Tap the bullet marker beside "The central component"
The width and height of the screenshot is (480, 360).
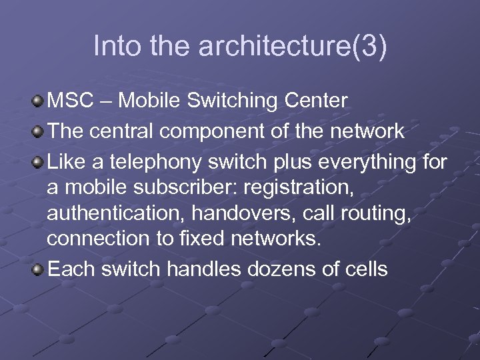coord(38,131)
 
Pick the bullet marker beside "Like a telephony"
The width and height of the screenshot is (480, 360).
coord(38,161)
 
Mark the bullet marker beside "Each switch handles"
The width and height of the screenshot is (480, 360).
coord(38,269)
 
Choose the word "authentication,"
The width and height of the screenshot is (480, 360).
coord(113,215)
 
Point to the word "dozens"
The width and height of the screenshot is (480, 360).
coord(294,269)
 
